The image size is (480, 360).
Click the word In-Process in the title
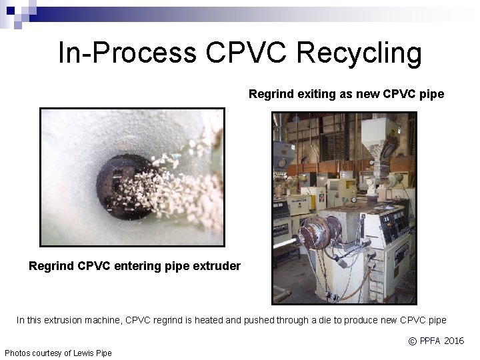(125, 53)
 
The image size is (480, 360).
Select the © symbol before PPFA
(413, 341)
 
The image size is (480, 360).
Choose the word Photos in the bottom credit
(18, 353)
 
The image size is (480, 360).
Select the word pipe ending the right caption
(432, 94)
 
